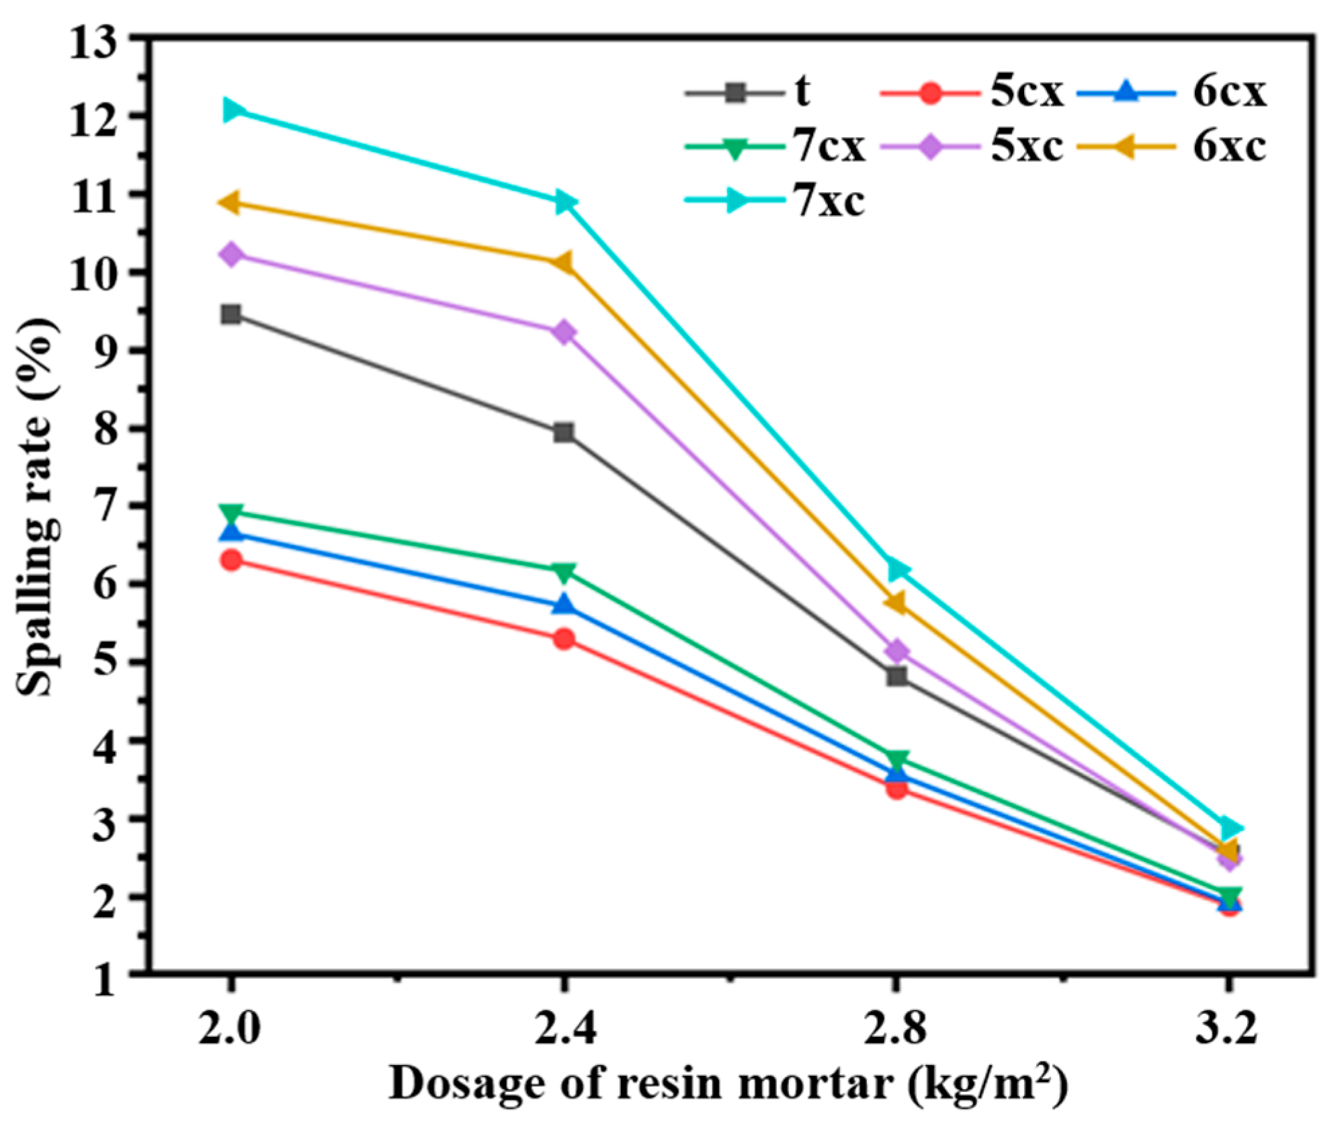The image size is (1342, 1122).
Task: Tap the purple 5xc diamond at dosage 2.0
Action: [231, 255]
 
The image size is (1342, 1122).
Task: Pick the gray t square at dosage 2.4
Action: [564, 433]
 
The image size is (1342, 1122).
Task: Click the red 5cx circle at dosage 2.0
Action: [231, 560]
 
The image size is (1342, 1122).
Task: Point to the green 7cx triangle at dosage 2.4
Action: [564, 572]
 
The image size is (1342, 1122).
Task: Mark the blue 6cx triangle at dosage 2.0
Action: [231, 532]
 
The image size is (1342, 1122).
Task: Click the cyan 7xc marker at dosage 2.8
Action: [897, 570]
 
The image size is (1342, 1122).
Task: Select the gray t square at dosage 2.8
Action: [896, 676]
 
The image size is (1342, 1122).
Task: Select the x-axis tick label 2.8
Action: [895, 1029]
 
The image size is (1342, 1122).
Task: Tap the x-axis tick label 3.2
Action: [1226, 1029]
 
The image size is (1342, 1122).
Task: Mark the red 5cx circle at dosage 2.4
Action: [564, 638]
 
